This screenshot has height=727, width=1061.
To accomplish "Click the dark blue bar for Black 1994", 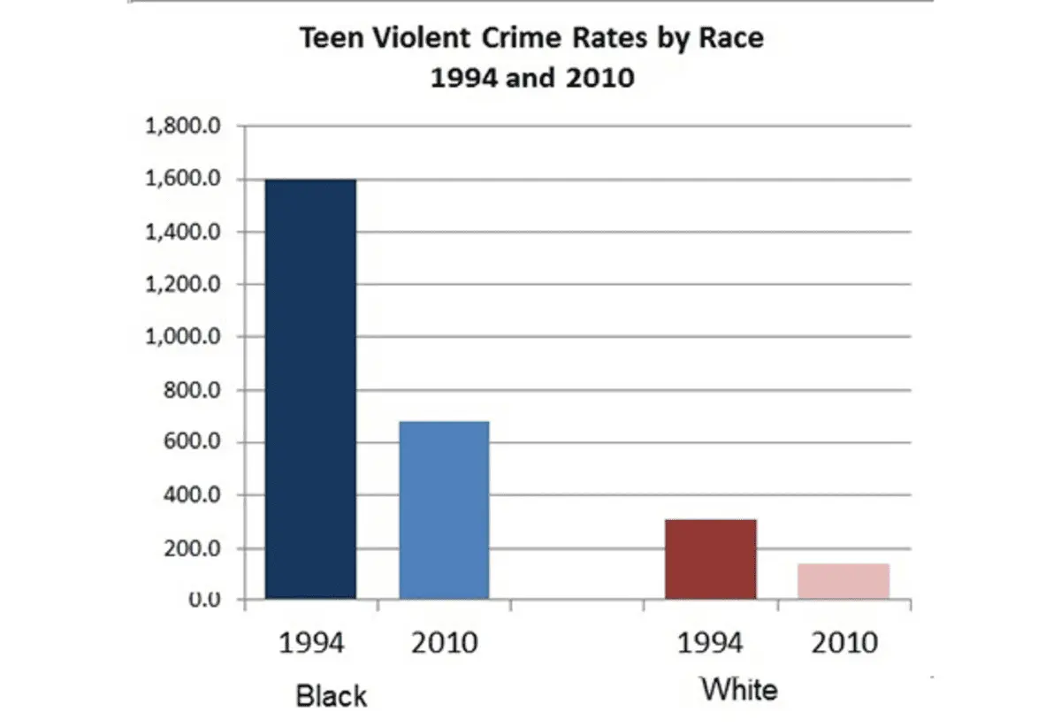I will (x=310, y=389).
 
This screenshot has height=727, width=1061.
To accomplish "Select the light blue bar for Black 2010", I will (x=444, y=510).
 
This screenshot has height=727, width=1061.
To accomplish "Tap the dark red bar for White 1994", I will (x=711, y=559).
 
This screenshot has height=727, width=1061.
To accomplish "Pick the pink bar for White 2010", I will (x=843, y=581).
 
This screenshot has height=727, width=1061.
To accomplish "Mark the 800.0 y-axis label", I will (x=189, y=390).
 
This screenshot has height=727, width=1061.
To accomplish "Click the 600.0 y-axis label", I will (x=189, y=443).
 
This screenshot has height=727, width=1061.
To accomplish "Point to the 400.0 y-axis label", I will (x=189, y=495).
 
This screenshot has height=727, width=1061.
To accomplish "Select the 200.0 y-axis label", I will (x=189, y=548).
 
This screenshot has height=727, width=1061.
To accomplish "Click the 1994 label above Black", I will (x=311, y=643).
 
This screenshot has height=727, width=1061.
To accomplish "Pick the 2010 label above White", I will (x=844, y=643).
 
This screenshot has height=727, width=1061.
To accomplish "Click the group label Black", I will (x=332, y=696).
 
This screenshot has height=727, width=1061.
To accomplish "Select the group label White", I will (x=739, y=689).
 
